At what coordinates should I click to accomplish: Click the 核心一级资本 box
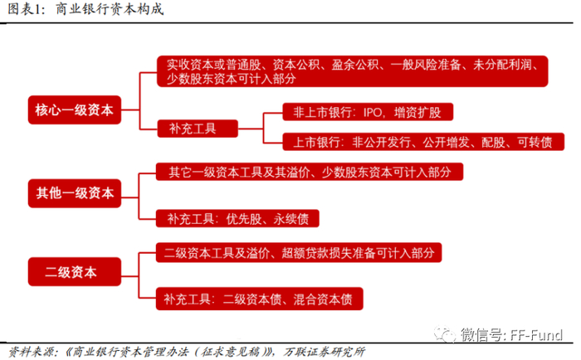(x=75, y=109)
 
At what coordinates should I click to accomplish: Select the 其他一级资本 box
(x=75, y=195)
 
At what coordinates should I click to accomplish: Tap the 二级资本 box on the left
(x=75, y=270)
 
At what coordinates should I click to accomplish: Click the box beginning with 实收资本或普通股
(x=354, y=71)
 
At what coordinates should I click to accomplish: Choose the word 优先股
(x=245, y=219)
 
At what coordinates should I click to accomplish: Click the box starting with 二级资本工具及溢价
(x=299, y=250)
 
